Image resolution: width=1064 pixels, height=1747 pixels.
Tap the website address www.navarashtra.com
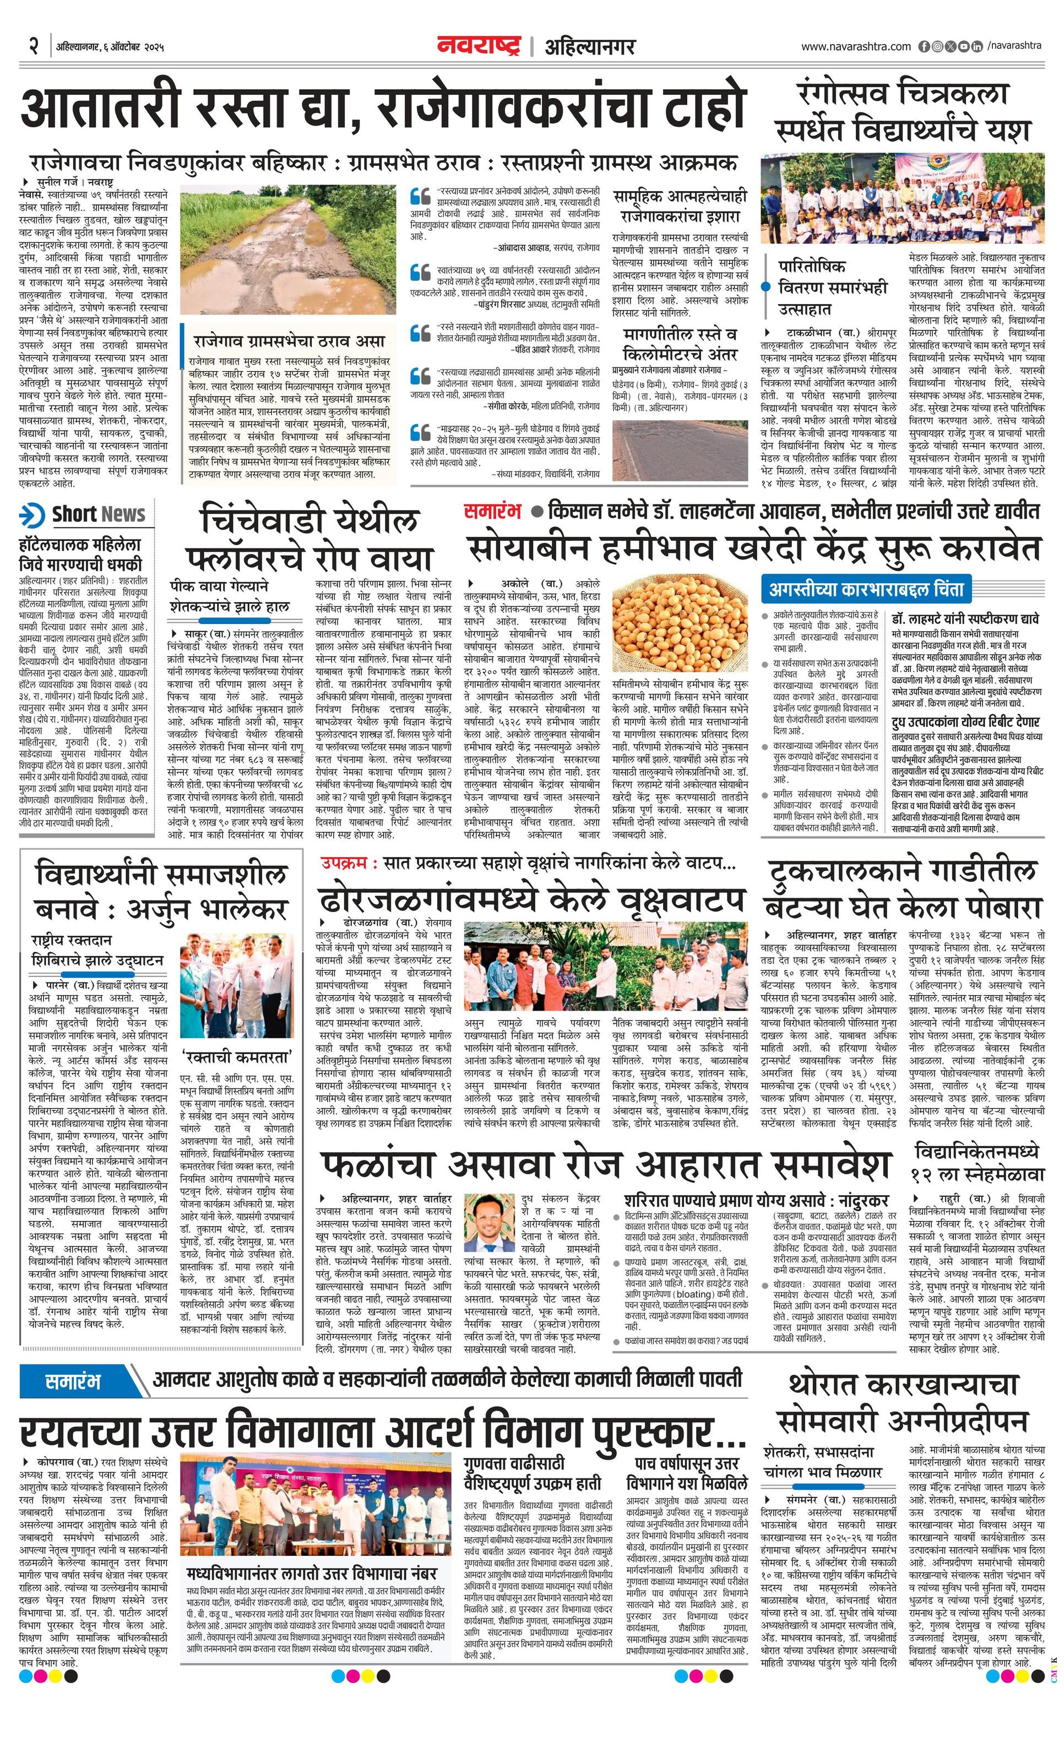[x=856, y=46]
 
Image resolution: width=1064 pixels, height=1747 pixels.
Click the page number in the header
[x=32, y=47]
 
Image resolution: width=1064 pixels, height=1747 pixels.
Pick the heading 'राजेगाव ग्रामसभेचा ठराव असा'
[x=289, y=341]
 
